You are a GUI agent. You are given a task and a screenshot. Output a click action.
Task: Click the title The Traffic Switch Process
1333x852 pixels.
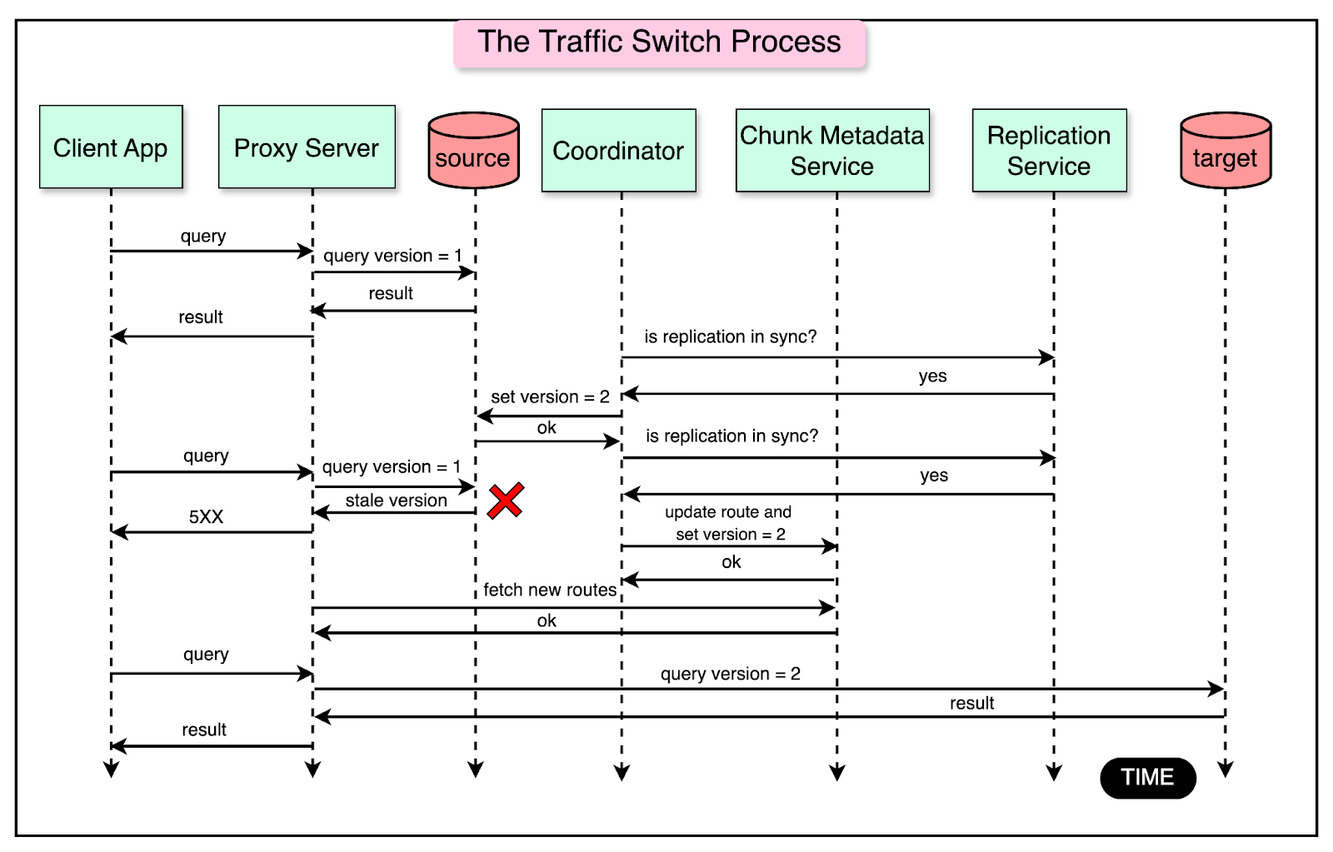(x=659, y=42)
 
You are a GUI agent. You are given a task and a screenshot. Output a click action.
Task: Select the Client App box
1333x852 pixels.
(x=111, y=147)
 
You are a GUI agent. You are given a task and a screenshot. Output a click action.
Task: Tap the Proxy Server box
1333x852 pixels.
(x=307, y=147)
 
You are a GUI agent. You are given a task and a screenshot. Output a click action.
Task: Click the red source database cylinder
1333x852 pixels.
(x=473, y=152)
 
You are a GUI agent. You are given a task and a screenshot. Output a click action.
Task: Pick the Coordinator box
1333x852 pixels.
(x=618, y=151)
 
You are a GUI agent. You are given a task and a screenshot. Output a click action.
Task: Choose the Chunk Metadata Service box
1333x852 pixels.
(x=832, y=151)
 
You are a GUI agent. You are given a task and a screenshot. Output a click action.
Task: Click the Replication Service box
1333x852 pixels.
(x=1049, y=151)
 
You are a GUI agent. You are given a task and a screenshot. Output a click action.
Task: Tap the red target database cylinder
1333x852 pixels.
(x=1225, y=152)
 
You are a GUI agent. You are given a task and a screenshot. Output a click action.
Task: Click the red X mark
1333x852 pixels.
(x=506, y=501)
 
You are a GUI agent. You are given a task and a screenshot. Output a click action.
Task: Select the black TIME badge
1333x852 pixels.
(x=1147, y=777)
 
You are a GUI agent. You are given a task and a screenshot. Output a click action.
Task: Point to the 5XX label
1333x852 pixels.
(x=206, y=516)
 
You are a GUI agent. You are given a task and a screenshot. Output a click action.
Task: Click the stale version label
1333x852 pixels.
(x=396, y=501)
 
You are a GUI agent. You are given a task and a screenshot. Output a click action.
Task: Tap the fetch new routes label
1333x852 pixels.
(x=550, y=590)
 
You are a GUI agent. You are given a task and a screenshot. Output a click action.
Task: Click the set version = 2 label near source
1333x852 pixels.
(x=550, y=396)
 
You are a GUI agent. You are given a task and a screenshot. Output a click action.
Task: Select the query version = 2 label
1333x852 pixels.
(x=730, y=674)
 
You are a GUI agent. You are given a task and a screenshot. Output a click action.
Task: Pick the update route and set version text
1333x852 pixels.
(x=729, y=523)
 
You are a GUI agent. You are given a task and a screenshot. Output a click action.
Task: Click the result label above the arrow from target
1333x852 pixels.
(x=971, y=703)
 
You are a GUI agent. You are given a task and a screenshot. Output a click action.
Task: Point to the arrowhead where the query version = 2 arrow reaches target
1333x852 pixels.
(x=1218, y=689)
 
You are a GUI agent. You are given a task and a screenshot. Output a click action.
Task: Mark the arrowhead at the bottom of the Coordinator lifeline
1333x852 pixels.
(x=622, y=773)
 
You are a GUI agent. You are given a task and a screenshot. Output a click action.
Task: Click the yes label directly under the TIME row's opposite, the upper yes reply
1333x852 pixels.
(x=932, y=376)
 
